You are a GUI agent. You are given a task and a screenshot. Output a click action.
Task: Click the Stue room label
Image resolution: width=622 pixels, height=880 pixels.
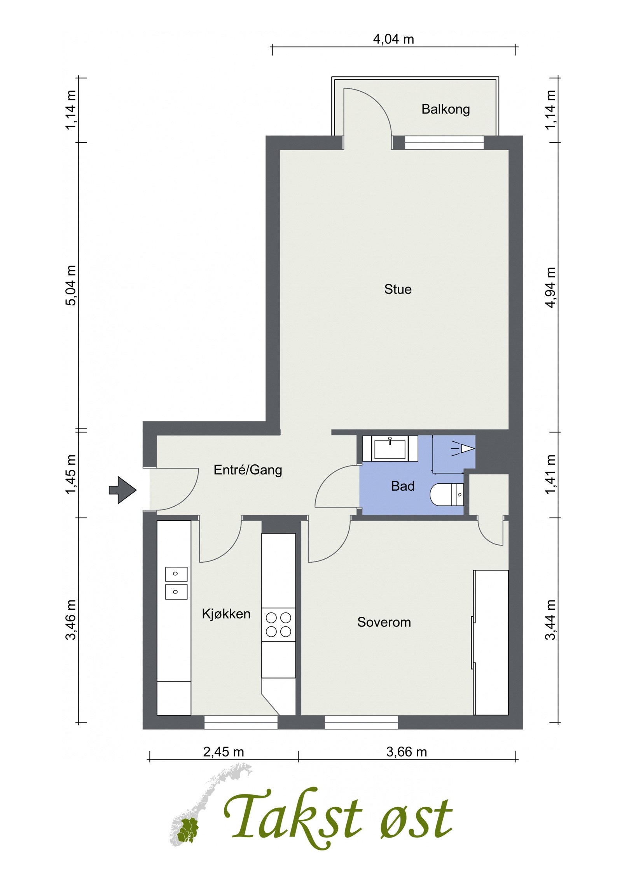398,289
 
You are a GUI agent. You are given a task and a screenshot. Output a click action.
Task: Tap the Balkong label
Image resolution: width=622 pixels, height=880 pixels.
446,110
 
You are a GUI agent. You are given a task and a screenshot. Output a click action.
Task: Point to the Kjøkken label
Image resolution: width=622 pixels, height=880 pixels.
226,614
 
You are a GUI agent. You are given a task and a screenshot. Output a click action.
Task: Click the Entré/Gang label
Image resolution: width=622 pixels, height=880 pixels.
248,470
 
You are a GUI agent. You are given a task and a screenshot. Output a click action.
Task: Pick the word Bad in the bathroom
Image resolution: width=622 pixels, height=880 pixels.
403,486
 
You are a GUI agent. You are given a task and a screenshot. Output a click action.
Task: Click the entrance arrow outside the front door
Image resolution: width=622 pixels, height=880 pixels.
122,490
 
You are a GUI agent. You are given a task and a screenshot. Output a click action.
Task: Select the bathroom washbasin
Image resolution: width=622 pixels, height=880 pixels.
390,448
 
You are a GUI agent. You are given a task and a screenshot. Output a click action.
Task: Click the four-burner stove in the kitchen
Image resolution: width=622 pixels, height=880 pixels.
278,625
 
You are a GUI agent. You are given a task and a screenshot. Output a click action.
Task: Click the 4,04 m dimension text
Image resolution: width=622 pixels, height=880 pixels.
393,39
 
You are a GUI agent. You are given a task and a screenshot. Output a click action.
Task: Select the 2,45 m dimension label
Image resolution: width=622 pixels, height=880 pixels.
224,752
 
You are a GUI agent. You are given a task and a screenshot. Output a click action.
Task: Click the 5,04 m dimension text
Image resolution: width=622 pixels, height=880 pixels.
72,286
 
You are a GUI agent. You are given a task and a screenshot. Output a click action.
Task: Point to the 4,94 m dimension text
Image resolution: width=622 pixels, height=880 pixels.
551,287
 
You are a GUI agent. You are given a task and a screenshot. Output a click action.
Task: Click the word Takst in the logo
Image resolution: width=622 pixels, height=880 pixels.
294,812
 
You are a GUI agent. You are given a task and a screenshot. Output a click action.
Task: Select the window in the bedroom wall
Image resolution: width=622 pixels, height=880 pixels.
361,722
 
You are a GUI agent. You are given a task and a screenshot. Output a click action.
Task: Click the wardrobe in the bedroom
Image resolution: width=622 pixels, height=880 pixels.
491,642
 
